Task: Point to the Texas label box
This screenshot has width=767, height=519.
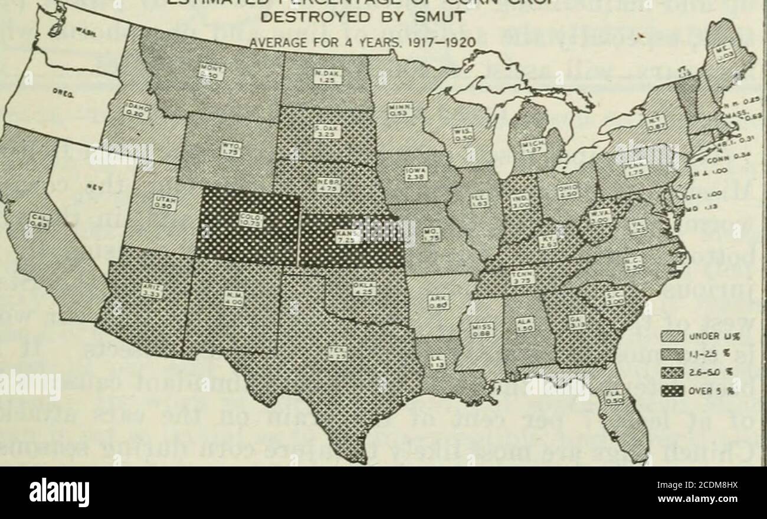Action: click(x=338, y=354)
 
